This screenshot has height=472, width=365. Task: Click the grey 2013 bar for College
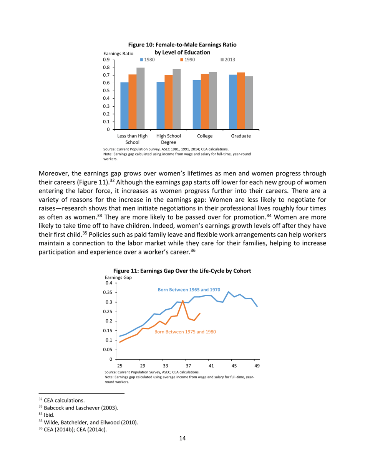point(212,101)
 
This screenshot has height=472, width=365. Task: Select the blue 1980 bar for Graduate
point(233,102)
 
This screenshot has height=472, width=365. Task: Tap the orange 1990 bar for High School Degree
point(168,102)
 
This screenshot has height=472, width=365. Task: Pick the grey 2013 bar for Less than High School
point(140,98)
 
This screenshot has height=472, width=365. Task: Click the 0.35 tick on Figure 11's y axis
point(108,292)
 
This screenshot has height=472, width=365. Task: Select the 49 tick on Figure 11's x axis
point(257,366)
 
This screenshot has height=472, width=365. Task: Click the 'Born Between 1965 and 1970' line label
point(189,290)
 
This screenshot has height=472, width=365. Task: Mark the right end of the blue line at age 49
point(257,306)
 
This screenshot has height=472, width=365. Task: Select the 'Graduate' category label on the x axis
point(241,136)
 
